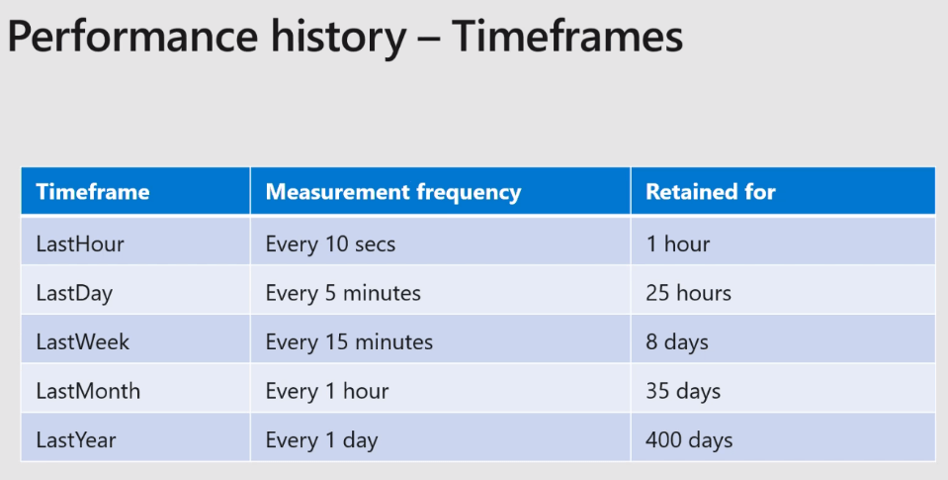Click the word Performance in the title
[x=133, y=37]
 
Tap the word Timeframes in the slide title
[x=567, y=37]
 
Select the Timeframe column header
[x=93, y=192]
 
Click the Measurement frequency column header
[x=393, y=192]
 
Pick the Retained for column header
[x=711, y=192]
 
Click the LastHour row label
[x=80, y=243]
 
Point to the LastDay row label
[x=74, y=294]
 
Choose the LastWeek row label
[x=83, y=342]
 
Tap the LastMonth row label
[x=88, y=391]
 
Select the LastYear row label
[x=76, y=440]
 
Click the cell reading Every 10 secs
[x=330, y=243]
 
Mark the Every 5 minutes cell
[x=343, y=294]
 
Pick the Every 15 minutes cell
[x=349, y=342]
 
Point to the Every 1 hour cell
[x=326, y=391]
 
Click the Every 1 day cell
[x=321, y=440]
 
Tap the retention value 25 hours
[x=688, y=294]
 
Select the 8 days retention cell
[x=676, y=342]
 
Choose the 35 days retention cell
[x=683, y=391]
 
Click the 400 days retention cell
[x=689, y=440]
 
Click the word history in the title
[x=338, y=37]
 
